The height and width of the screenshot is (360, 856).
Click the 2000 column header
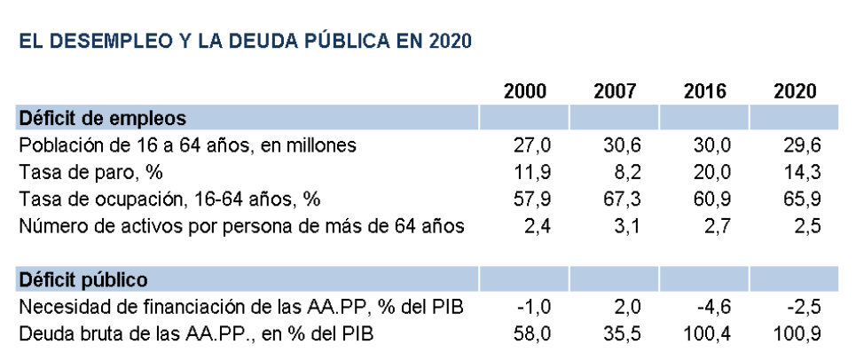pos(525,91)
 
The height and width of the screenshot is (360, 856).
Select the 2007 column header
pos(615,91)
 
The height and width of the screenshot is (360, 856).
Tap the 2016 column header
pos(705,91)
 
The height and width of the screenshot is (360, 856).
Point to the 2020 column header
pos(795,91)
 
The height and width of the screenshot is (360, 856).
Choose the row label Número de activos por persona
pos(240,225)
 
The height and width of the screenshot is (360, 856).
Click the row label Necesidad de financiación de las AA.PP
pos(240,308)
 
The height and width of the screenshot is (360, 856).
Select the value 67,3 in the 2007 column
pos(619,199)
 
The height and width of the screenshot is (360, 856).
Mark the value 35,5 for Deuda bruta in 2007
pos(619,334)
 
